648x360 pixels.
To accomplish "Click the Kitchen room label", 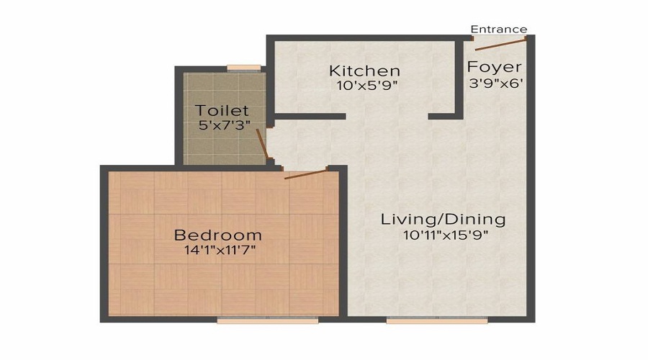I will click(x=364, y=71).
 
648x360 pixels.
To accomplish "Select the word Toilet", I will click(x=222, y=111).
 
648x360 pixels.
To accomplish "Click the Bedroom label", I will click(x=218, y=235).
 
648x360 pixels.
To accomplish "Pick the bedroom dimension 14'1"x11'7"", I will click(x=218, y=251).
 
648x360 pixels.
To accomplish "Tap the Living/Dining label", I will click(x=443, y=219).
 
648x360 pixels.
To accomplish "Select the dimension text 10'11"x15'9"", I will click(x=443, y=235).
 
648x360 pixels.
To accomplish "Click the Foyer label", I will click(x=494, y=67).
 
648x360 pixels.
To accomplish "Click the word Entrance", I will click(x=498, y=30).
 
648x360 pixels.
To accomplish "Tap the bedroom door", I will click(x=306, y=174).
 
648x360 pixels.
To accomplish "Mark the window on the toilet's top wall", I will click(x=243, y=68).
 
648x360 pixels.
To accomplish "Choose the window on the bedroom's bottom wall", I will click(x=257, y=320).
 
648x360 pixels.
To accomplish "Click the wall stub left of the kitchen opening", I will click(x=310, y=116).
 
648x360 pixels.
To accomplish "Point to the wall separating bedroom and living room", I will click(x=343, y=245).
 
